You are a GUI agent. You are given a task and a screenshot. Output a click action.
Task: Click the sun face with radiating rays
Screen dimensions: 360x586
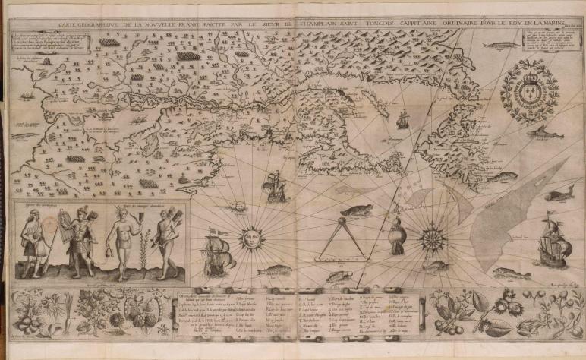pyautogui.click(x=250, y=239)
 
